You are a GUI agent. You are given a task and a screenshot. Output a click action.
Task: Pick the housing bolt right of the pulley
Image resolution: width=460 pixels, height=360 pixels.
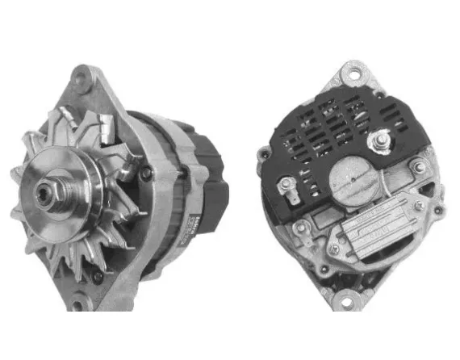pos(145,174)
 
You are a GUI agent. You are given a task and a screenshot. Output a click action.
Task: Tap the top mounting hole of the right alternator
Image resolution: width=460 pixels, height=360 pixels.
pos(353,75)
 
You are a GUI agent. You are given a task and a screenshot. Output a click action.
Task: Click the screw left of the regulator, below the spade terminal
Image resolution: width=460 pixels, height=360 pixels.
pos(300,228)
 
